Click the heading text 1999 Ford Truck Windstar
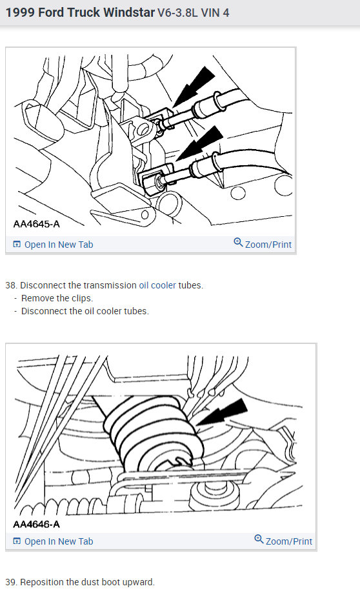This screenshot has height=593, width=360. pyautogui.click(x=78, y=12)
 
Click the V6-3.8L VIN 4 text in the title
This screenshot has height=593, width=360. pyautogui.click(x=194, y=12)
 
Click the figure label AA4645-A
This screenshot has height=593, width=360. pyautogui.click(x=36, y=225)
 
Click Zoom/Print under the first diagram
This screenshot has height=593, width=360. pyautogui.click(x=268, y=245)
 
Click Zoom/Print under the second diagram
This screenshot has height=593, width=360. pyautogui.click(x=288, y=541)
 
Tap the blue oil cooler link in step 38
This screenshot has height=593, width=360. pyautogui.click(x=157, y=285)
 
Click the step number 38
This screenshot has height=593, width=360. pyautogui.click(x=11, y=285)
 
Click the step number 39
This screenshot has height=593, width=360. pyautogui.click(x=11, y=582)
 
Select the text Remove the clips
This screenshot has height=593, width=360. pyautogui.click(x=57, y=298)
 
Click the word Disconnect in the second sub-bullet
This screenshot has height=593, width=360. pyautogui.click(x=43, y=311)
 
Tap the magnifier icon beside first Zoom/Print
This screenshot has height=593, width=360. pyautogui.click(x=238, y=243)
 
